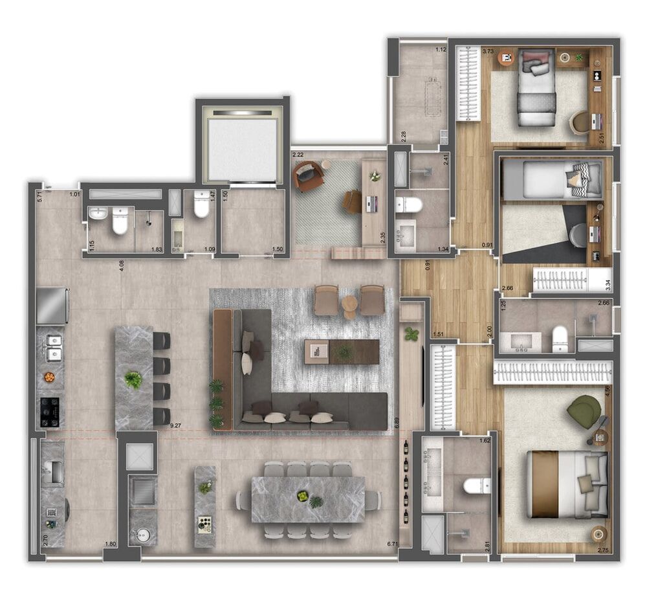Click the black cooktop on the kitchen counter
(50, 411)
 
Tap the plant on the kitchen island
(133, 379)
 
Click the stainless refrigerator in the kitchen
(52, 306)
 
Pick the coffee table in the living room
(342, 352)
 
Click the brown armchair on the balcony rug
(309, 176)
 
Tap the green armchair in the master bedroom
(584, 410)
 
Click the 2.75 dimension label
(602, 550)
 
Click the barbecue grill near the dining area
(141, 491)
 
